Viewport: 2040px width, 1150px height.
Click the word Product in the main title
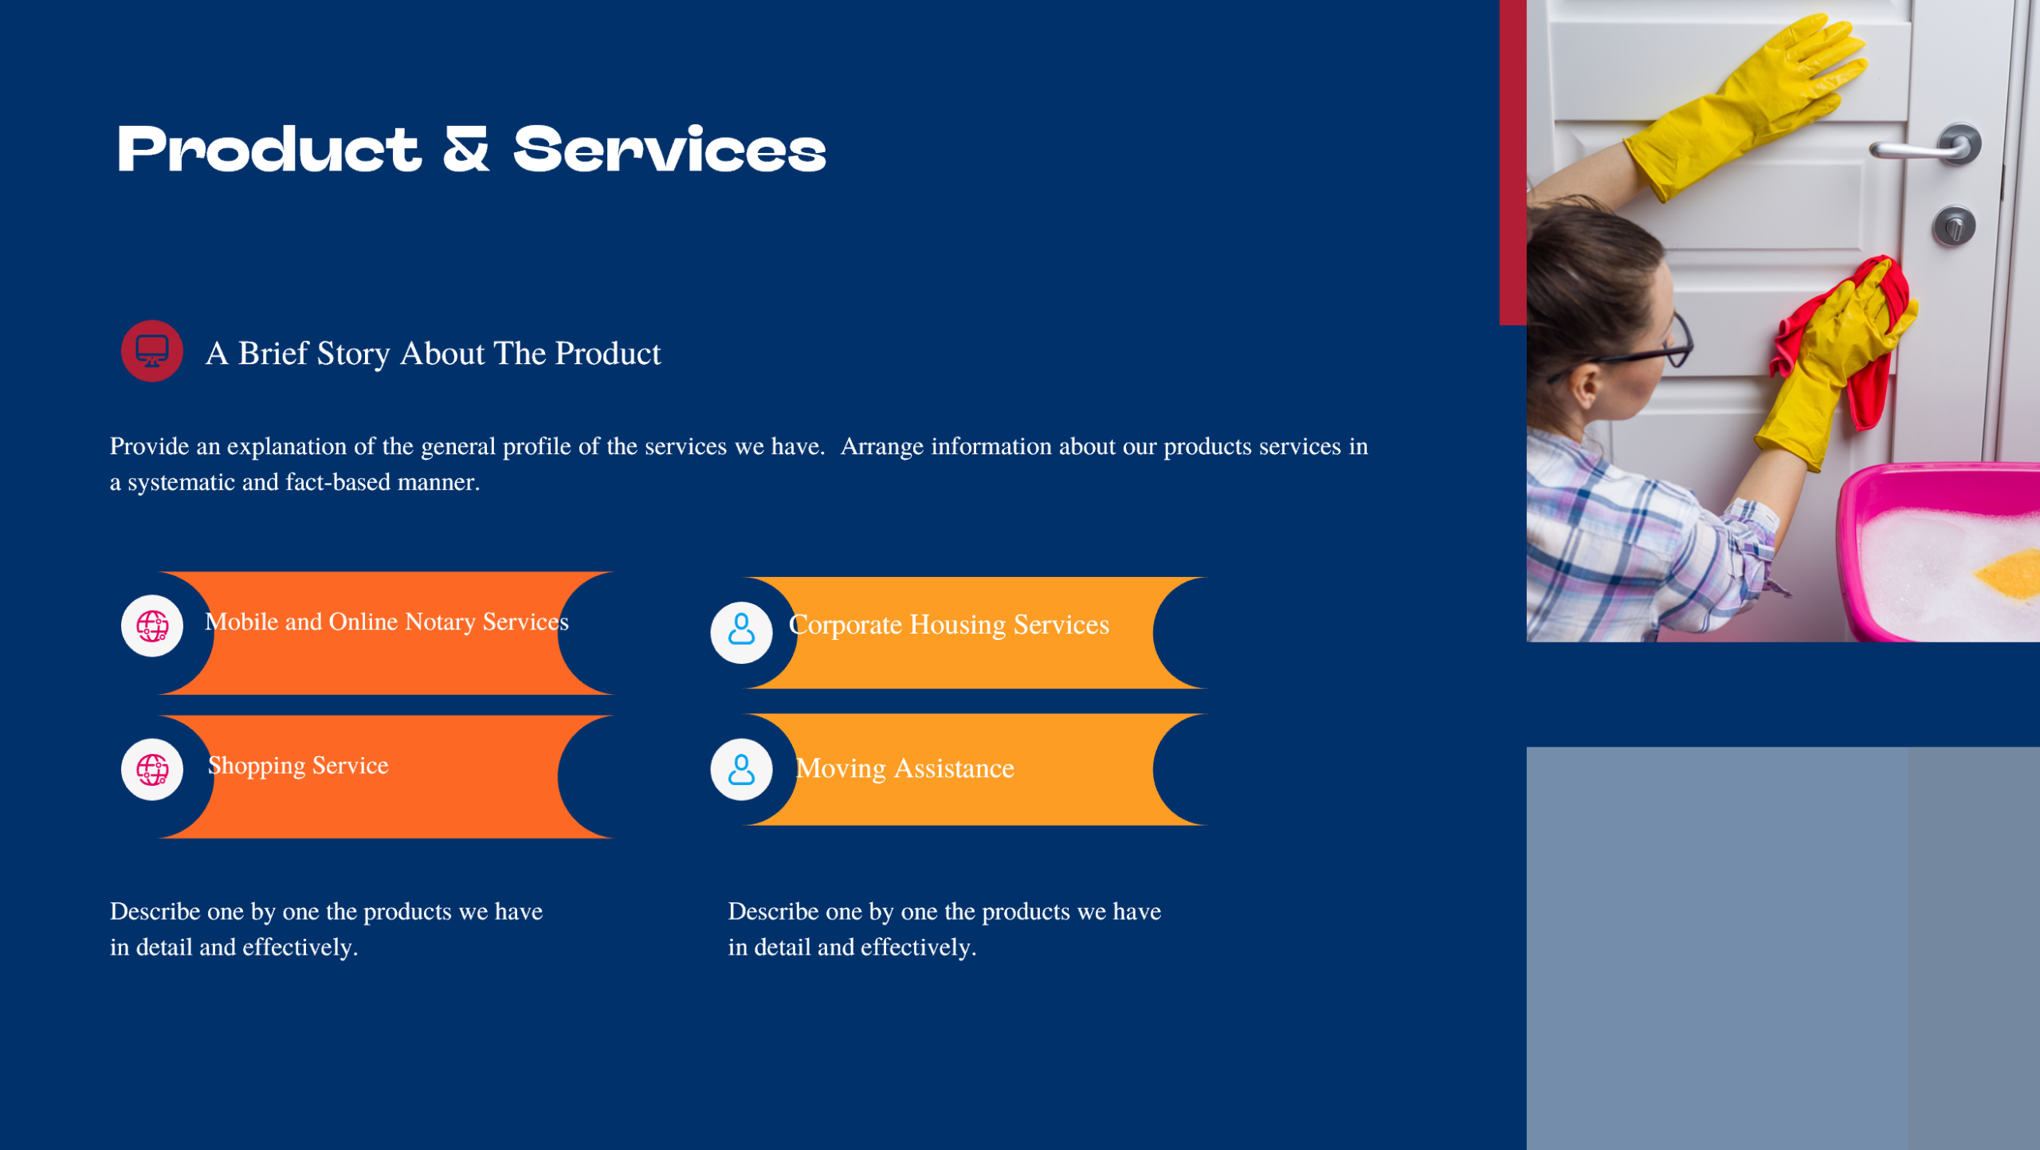click(x=269, y=150)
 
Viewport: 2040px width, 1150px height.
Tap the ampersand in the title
click(x=465, y=150)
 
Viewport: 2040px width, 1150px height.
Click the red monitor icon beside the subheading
click(x=151, y=351)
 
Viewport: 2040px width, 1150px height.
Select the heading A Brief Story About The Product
click(x=433, y=353)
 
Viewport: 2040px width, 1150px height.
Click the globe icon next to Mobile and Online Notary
click(x=151, y=626)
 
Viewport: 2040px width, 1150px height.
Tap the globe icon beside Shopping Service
click(x=151, y=769)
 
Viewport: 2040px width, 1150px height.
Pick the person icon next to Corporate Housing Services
click(x=741, y=632)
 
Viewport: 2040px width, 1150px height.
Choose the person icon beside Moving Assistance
click(x=741, y=769)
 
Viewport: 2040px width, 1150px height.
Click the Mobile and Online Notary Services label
click(x=386, y=622)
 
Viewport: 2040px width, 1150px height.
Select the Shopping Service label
click(x=298, y=765)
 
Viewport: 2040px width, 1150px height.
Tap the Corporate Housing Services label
click(x=948, y=624)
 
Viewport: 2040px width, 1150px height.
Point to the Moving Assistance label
click(x=904, y=768)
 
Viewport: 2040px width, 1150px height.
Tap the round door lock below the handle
click(x=1953, y=226)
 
